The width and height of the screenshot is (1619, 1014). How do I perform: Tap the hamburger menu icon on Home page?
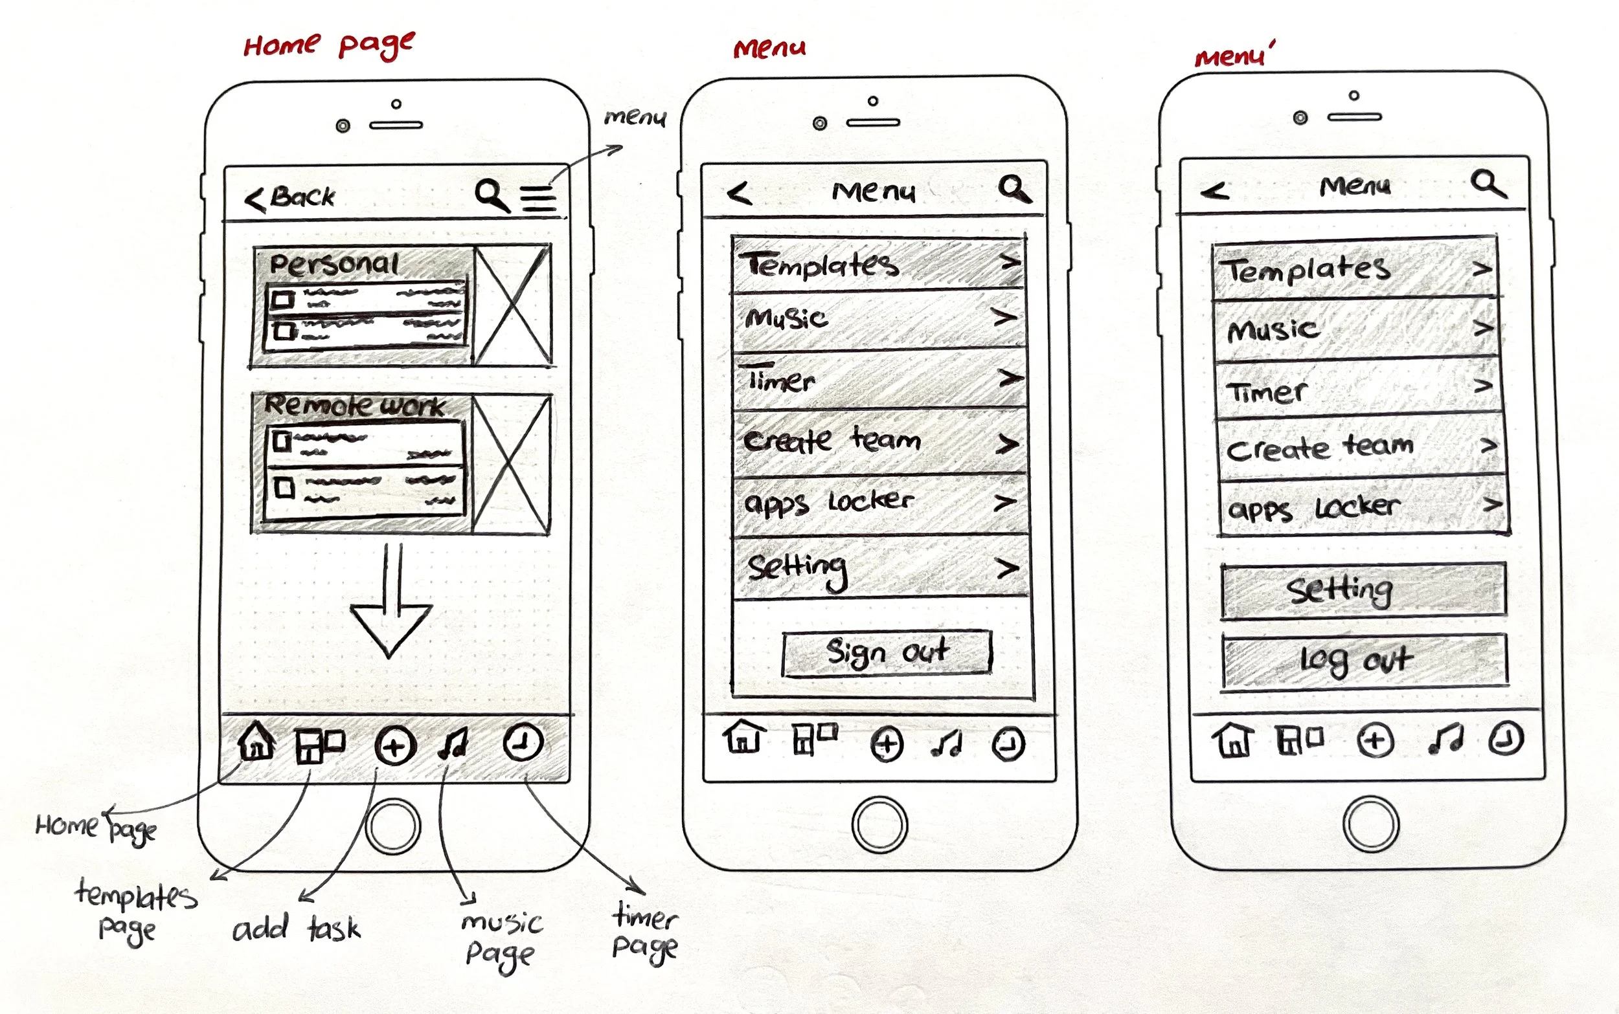[x=539, y=199]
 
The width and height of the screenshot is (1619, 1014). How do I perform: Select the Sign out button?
[x=887, y=652]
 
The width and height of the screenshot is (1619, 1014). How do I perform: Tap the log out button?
[x=1363, y=661]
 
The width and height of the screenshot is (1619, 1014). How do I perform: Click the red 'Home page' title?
[x=329, y=45]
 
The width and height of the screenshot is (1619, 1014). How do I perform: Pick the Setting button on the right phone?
[x=1362, y=590]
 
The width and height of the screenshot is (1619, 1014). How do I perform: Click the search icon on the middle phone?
[x=1013, y=188]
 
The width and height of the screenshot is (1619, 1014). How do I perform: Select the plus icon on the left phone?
[x=394, y=746]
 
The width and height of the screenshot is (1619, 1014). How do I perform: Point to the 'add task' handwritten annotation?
[x=296, y=929]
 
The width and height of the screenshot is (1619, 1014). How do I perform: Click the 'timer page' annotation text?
[x=644, y=932]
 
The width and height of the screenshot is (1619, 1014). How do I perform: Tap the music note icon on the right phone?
[x=1445, y=739]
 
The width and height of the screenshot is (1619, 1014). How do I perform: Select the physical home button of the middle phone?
[x=879, y=825]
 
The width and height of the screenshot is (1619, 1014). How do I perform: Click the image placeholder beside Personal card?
[x=513, y=305]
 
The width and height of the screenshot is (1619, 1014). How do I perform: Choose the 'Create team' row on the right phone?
[x=1361, y=446]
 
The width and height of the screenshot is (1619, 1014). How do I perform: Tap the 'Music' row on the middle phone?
[x=879, y=318]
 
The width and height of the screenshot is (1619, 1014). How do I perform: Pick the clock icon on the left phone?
[x=523, y=742]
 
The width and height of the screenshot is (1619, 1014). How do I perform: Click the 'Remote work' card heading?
[x=354, y=405]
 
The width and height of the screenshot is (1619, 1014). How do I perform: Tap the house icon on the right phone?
[x=1232, y=740]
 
